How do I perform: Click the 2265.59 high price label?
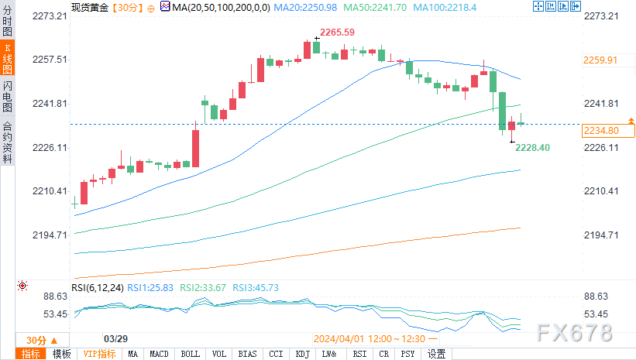(338, 32)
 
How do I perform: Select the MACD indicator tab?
(160, 354)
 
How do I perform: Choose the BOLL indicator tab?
(190, 354)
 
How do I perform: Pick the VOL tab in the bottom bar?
(219, 354)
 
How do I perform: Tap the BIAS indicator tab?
(247, 354)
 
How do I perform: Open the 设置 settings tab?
(436, 354)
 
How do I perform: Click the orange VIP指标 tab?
(99, 354)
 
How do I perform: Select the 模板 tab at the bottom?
(62, 354)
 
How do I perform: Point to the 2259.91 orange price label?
(600, 60)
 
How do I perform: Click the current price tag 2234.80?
(600, 131)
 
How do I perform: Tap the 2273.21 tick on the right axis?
(601, 15)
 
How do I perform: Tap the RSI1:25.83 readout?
(151, 287)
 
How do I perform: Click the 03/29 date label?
(115, 339)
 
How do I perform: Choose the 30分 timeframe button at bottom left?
(36, 340)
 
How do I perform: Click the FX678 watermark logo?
(576, 333)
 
